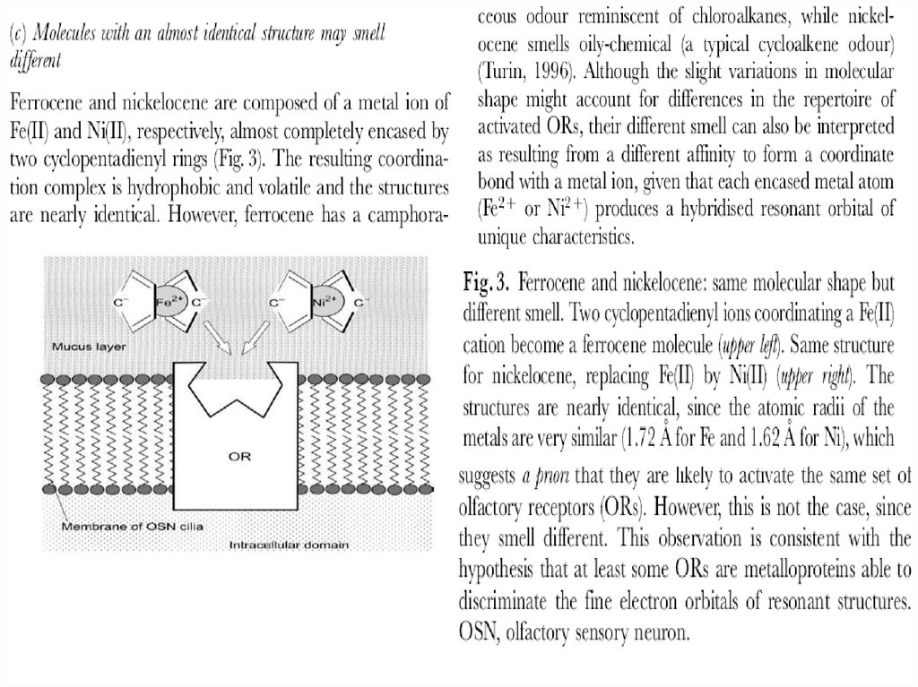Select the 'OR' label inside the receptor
(x=238, y=455)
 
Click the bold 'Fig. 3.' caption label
(x=488, y=285)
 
